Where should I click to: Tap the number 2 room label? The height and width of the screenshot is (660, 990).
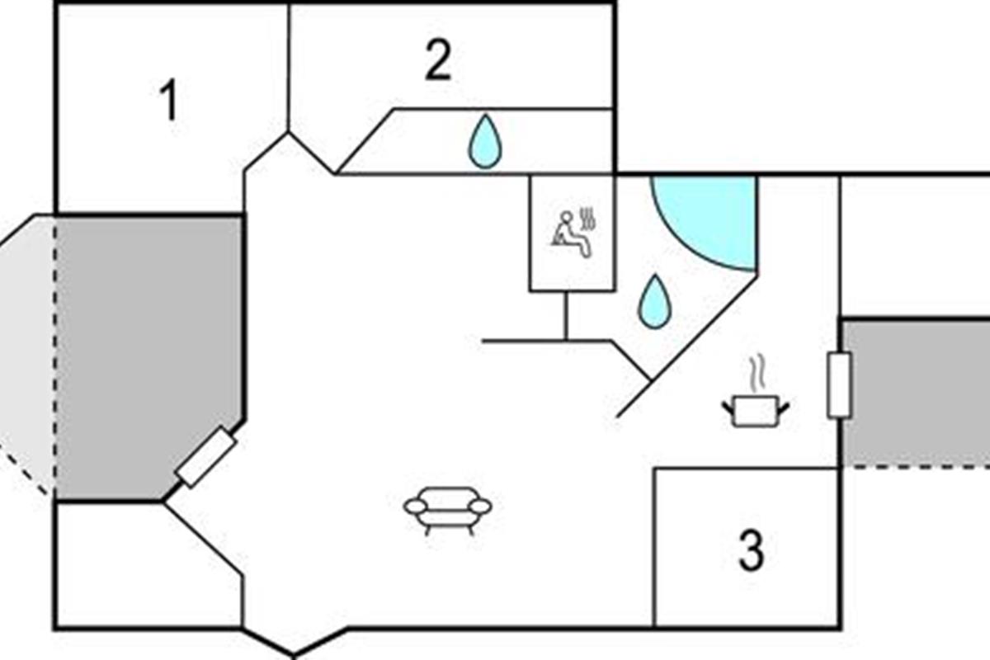click(438, 61)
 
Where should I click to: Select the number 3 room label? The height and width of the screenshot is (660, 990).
click(751, 551)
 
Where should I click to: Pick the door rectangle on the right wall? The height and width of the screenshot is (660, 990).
click(840, 384)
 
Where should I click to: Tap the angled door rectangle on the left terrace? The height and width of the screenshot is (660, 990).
click(207, 457)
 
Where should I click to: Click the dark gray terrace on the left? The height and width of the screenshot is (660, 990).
click(148, 355)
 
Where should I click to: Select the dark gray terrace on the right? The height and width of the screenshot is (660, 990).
click(916, 393)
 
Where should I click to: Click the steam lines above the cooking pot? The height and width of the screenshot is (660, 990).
click(756, 372)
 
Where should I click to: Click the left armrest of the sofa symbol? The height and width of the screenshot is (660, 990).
click(415, 506)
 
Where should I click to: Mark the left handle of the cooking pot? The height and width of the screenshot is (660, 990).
click(728, 404)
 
